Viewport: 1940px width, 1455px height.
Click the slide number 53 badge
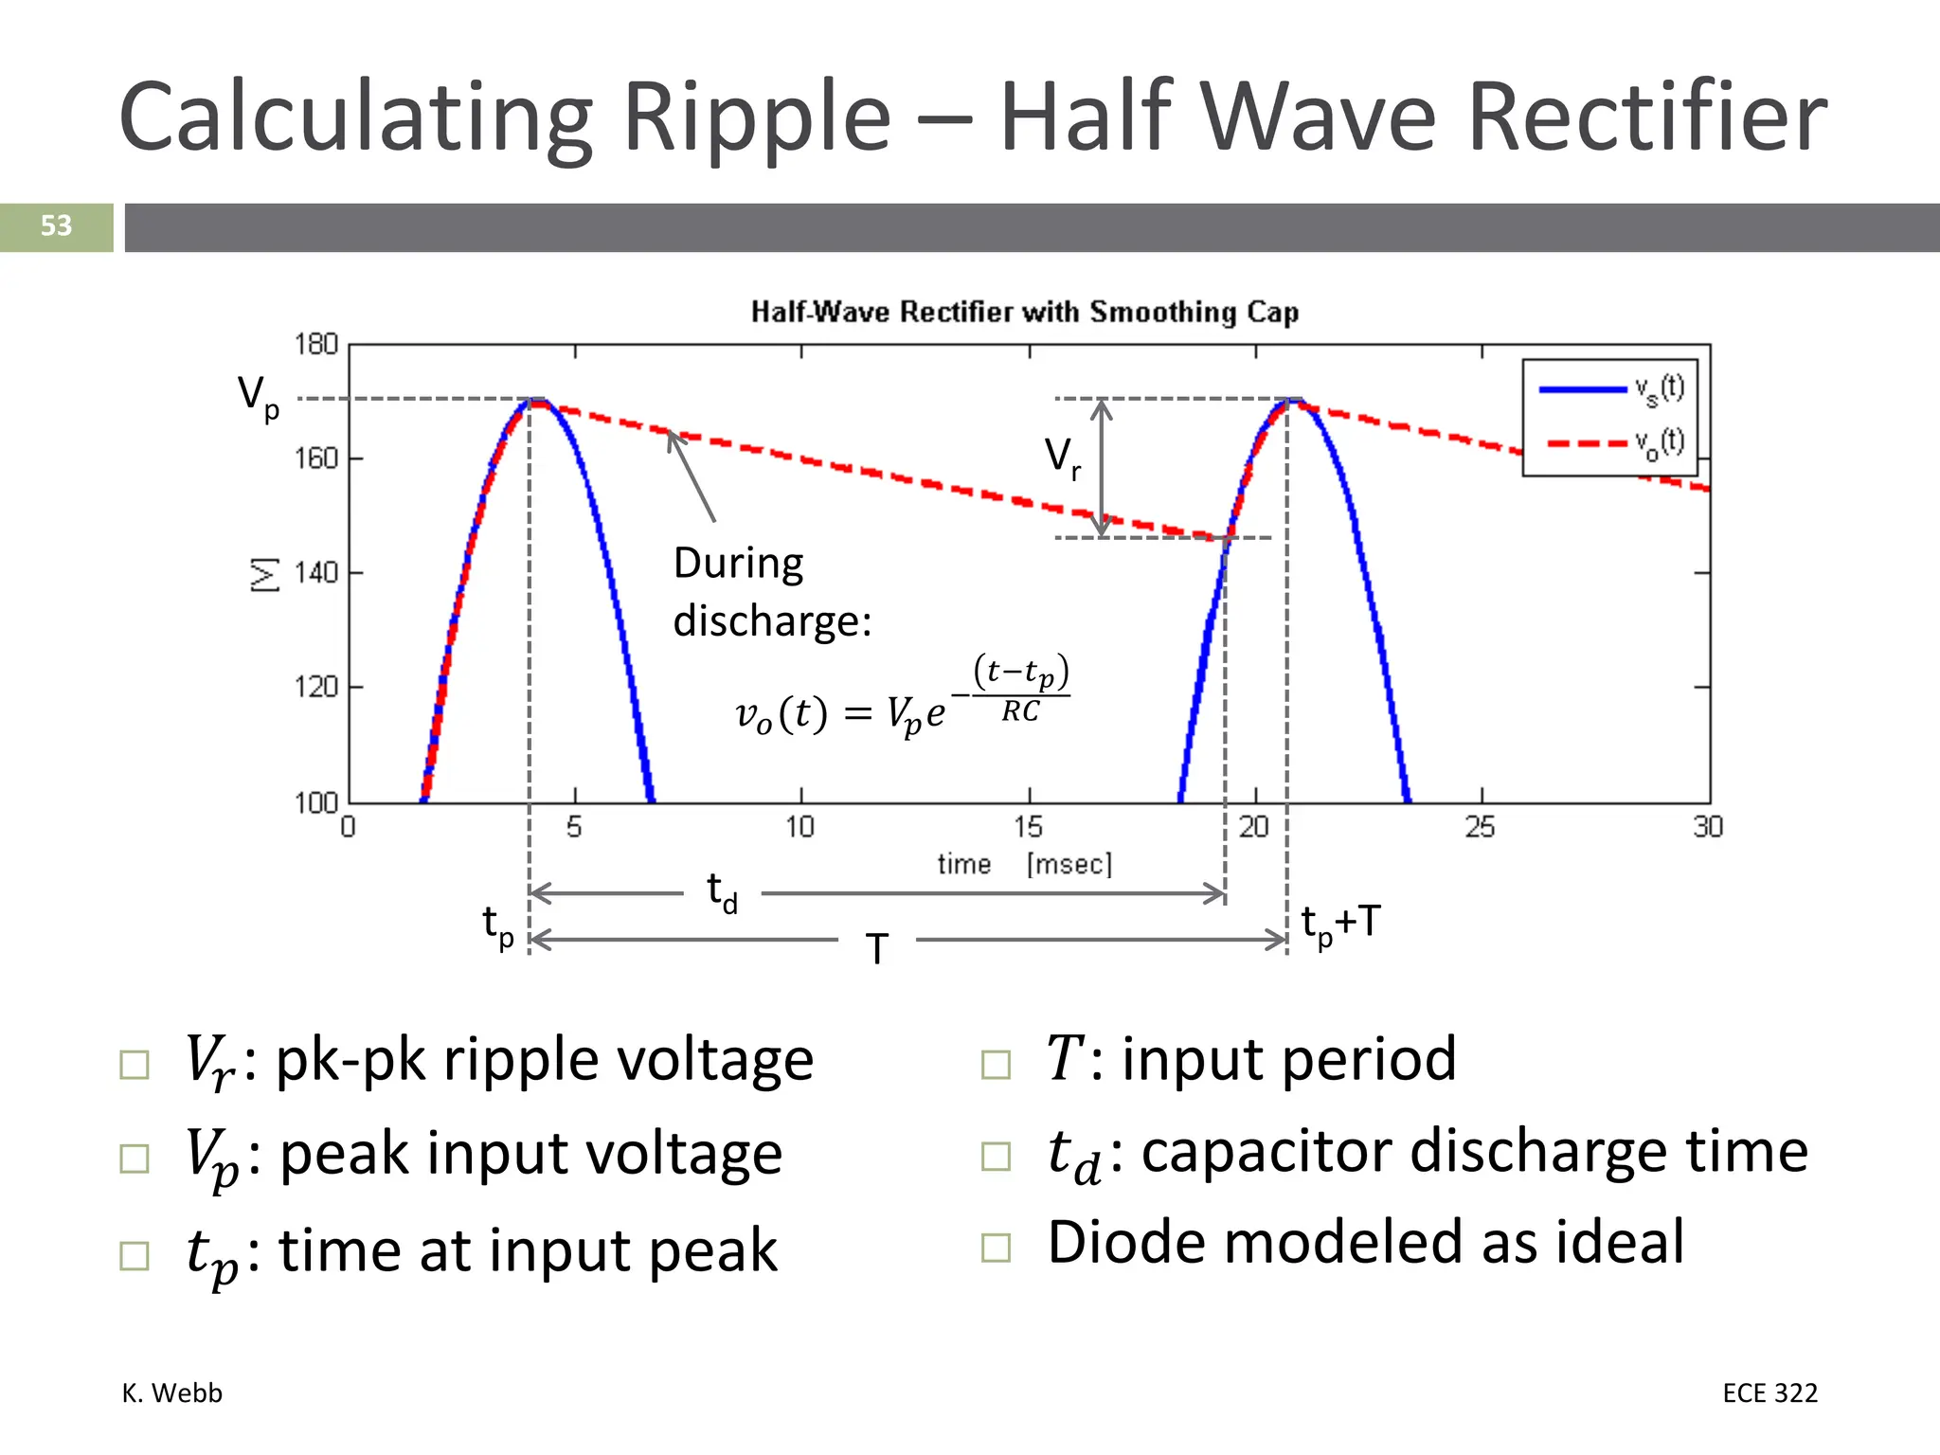(56, 226)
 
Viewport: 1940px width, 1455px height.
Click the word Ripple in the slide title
(757, 117)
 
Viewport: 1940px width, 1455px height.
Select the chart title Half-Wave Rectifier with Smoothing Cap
(1024, 312)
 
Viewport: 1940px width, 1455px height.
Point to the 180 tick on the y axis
(315, 344)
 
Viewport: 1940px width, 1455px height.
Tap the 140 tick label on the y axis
(315, 573)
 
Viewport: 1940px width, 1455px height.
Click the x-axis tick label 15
(1028, 827)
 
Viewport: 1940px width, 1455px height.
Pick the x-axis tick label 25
(1481, 827)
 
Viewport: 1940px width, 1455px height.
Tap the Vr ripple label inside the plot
(1062, 458)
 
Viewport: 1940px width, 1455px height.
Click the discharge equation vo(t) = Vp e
(900, 701)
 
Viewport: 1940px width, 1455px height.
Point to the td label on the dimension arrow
(722, 892)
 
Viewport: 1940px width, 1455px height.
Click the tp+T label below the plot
(1339, 924)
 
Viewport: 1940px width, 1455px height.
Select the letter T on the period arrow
(877, 948)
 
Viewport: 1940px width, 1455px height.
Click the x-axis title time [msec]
(1024, 864)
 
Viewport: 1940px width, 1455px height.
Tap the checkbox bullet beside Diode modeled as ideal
(996, 1248)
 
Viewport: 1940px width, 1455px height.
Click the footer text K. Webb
(172, 1392)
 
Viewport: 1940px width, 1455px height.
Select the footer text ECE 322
(1769, 1392)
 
